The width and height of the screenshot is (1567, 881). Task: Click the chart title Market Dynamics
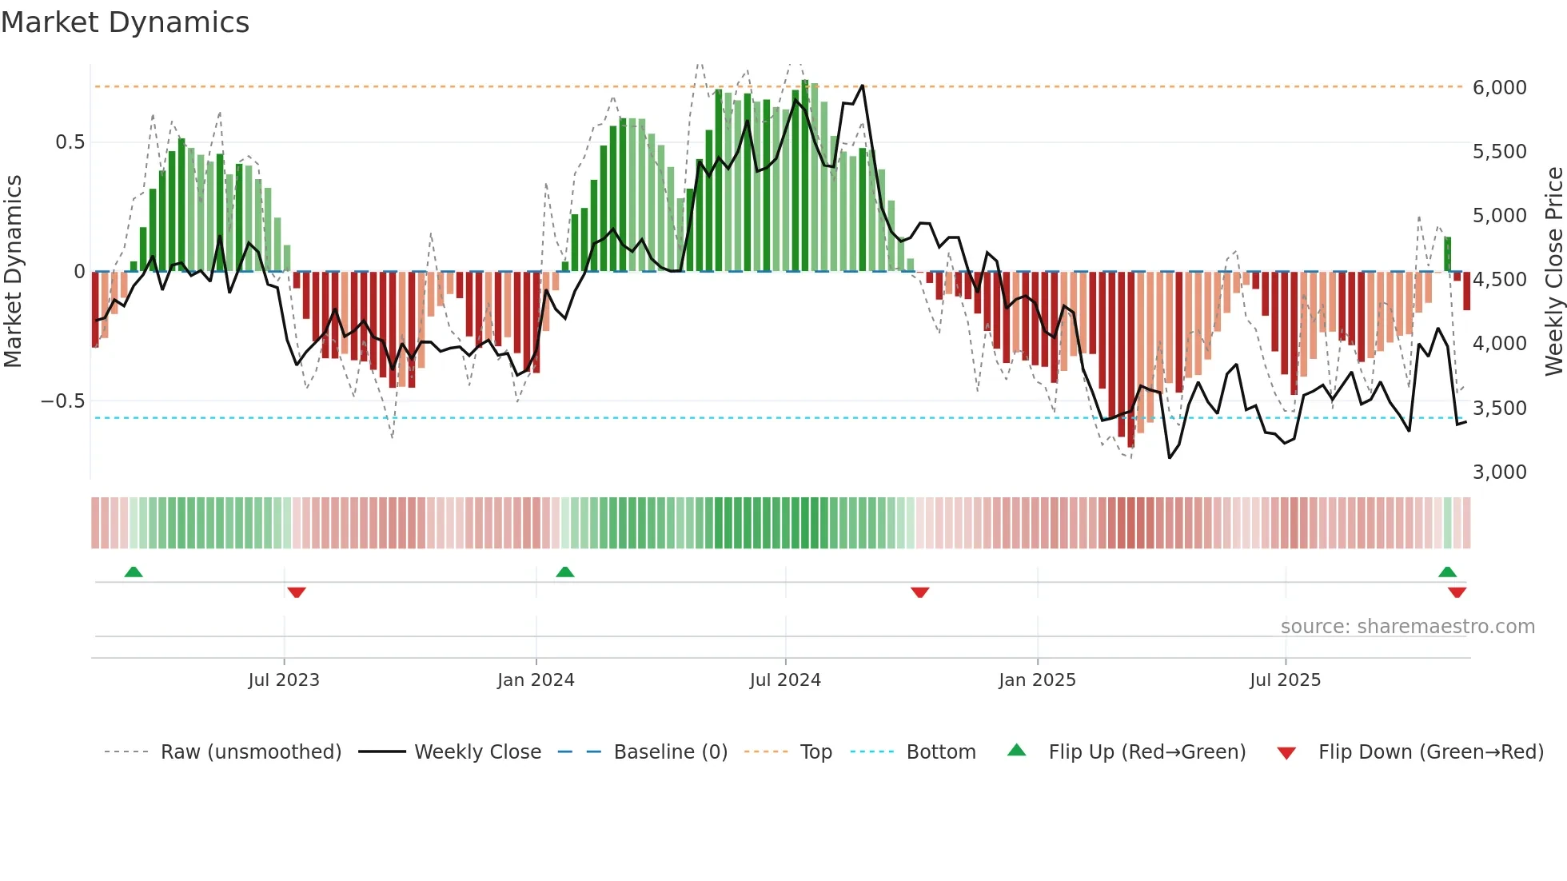pos(125,22)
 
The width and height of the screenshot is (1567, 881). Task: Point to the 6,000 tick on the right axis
pos(1499,87)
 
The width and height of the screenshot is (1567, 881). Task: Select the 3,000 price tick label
pos(1499,472)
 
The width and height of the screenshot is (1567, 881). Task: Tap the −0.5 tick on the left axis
pos(62,401)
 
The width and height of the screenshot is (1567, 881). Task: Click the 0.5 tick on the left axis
pos(70,142)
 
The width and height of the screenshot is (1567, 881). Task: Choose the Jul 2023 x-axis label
pos(283,680)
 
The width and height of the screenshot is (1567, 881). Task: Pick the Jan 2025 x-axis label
pos(1037,680)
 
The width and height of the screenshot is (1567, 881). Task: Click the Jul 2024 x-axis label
pos(785,680)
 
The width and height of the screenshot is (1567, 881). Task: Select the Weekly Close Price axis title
pos(1553,271)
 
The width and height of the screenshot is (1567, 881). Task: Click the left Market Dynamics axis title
pos(13,271)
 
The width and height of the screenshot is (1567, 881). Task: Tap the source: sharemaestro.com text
pos(1407,626)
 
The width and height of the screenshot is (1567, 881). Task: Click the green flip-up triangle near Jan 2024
pos(565,572)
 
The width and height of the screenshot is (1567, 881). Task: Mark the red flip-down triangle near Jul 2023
pos(297,592)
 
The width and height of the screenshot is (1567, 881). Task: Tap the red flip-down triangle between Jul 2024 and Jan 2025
pos(919,592)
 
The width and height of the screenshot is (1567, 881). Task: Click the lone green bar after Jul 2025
pos(1447,254)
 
